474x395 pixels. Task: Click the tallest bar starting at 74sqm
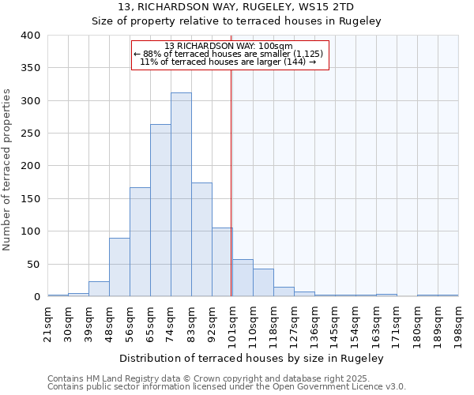[181, 194]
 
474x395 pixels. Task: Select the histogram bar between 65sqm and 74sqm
[160, 210]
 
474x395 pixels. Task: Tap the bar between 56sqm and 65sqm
[140, 242]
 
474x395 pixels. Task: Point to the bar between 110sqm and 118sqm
[263, 283]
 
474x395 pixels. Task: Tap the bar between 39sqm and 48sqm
[99, 289]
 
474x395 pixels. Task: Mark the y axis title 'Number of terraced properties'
[7, 170]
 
